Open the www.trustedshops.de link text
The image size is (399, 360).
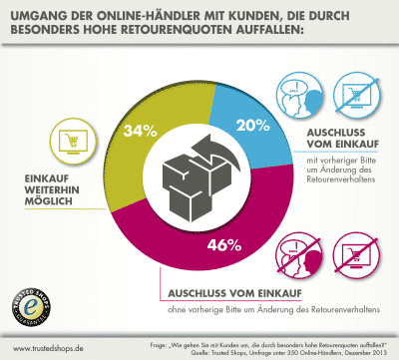[x=45, y=349]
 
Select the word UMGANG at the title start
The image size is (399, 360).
[x=44, y=15]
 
